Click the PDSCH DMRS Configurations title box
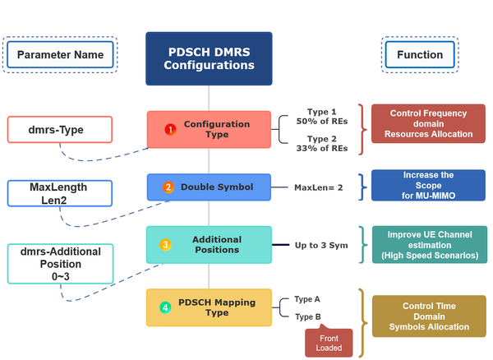(x=209, y=58)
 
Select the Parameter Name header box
(x=60, y=55)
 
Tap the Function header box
(x=420, y=55)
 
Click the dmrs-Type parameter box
(x=62, y=129)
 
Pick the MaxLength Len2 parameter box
(x=58, y=193)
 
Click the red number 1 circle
(x=170, y=130)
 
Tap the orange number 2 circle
(x=168, y=187)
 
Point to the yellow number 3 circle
(x=165, y=244)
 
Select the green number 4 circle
(x=165, y=307)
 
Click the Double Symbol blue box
(x=209, y=187)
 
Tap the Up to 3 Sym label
(x=323, y=245)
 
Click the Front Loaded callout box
(x=329, y=342)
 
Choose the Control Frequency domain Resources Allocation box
(x=427, y=122)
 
